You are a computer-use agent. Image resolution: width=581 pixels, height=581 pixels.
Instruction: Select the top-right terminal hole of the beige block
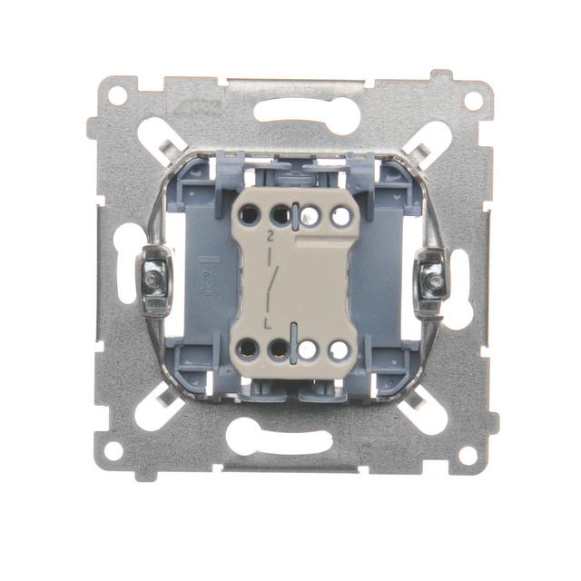tap(340, 216)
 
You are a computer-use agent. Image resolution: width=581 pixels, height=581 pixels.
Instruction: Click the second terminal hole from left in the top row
tap(280, 216)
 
